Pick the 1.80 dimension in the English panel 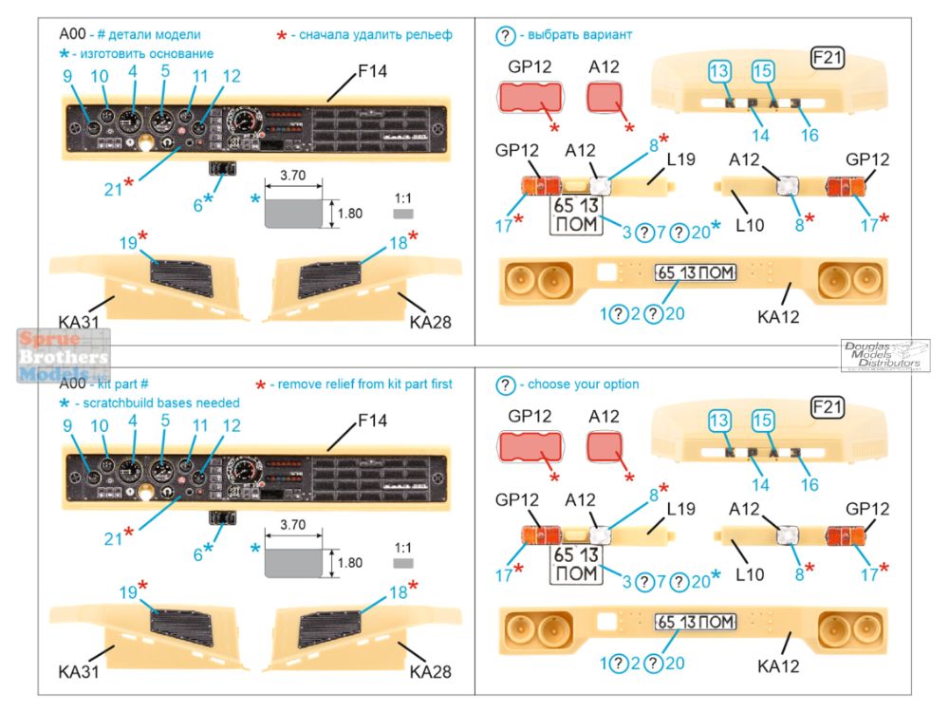pos(348,562)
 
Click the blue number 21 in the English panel pos(114,539)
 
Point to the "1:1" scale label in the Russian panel pos(403,198)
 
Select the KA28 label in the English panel pos(430,670)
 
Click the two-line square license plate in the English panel pos(576,565)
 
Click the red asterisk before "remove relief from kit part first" pos(260,384)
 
